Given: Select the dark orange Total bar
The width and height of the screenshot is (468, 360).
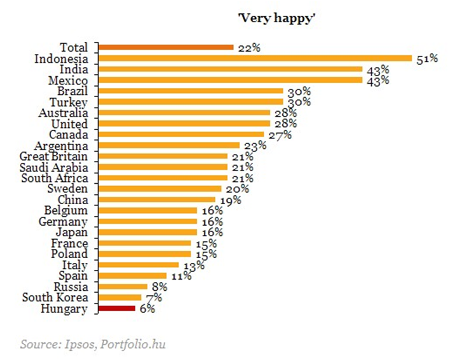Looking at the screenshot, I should (166, 47).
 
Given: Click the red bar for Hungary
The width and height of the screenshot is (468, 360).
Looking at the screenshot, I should (116, 309).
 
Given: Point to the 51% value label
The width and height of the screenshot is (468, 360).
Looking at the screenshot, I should (426, 59).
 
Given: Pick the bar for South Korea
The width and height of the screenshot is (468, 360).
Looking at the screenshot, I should (120, 298).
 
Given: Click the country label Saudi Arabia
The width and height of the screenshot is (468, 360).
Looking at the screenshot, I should (54, 167).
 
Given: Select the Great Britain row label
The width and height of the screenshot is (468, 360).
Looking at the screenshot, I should (54, 156).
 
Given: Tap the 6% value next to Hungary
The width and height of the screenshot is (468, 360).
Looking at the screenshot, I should (147, 309).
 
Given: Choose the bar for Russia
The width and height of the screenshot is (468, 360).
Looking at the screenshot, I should (123, 287).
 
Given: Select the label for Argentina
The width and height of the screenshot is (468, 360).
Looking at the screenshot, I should (62, 145).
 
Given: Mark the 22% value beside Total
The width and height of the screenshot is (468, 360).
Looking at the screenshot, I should (248, 48).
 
